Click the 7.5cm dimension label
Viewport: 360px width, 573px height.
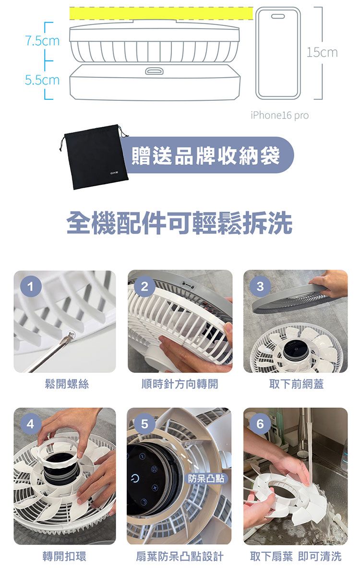click(42, 40)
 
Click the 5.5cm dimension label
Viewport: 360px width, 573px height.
click(42, 80)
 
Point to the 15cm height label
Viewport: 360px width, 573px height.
click(322, 53)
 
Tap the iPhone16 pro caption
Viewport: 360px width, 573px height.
click(279, 116)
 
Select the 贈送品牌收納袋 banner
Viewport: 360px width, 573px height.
click(208, 155)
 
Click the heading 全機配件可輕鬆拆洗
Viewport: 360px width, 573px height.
click(180, 223)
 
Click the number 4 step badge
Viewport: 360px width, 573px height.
click(30, 424)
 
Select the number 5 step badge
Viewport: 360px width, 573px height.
click(145, 424)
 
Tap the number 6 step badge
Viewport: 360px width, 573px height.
click(260, 424)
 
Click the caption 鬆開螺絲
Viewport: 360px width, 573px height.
click(67, 384)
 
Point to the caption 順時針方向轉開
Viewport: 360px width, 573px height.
click(180, 384)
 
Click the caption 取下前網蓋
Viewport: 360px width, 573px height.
click(296, 384)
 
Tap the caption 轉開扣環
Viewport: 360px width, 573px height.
click(64, 556)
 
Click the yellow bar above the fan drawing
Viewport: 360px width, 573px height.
click(161, 13)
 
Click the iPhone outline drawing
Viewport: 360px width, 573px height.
click(278, 53)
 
